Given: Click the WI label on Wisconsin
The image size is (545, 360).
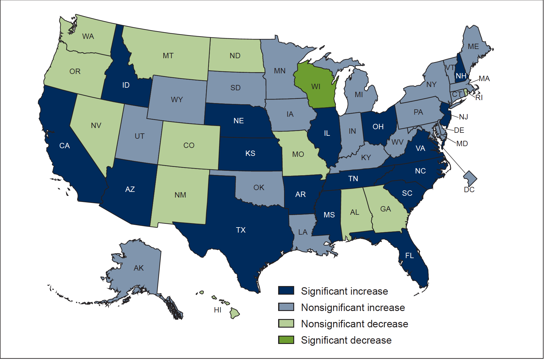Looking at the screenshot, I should pyautogui.click(x=316, y=86).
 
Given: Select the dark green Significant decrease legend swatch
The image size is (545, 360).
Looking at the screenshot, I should pyautogui.click(x=286, y=340).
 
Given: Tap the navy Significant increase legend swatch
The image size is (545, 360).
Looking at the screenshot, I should pyautogui.click(x=286, y=290).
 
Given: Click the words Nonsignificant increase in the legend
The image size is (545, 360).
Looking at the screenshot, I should pyautogui.click(x=353, y=307).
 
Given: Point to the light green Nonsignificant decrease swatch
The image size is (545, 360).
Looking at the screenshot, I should pyautogui.click(x=286, y=323).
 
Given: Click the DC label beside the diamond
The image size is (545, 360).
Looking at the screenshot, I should pyautogui.click(x=469, y=190).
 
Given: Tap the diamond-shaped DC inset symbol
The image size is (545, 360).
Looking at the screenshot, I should pyautogui.click(x=470, y=178).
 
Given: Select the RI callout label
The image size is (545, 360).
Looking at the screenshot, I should pyautogui.click(x=479, y=97).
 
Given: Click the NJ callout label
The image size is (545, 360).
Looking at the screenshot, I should pyautogui.click(x=463, y=117).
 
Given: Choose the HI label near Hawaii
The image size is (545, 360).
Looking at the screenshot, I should pyautogui.click(x=218, y=310).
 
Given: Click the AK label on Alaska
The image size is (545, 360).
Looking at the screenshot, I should pyautogui.click(x=139, y=268).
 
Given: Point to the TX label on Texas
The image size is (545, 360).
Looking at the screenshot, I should pyautogui.click(x=241, y=230).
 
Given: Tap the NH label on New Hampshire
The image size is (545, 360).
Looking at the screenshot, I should pyautogui.click(x=461, y=76).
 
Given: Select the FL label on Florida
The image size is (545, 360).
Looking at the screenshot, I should pyautogui.click(x=409, y=255).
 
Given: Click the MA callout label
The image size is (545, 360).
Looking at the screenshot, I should pyautogui.click(x=484, y=78).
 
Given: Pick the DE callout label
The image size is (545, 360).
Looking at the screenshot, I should pyautogui.click(x=459, y=130).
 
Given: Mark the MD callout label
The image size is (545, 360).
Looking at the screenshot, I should pyautogui.click(x=462, y=143).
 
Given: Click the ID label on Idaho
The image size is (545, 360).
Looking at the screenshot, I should pyautogui.click(x=126, y=85).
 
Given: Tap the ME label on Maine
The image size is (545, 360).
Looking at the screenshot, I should pyautogui.click(x=473, y=47).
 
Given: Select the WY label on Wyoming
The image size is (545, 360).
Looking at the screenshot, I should pyautogui.click(x=177, y=100).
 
